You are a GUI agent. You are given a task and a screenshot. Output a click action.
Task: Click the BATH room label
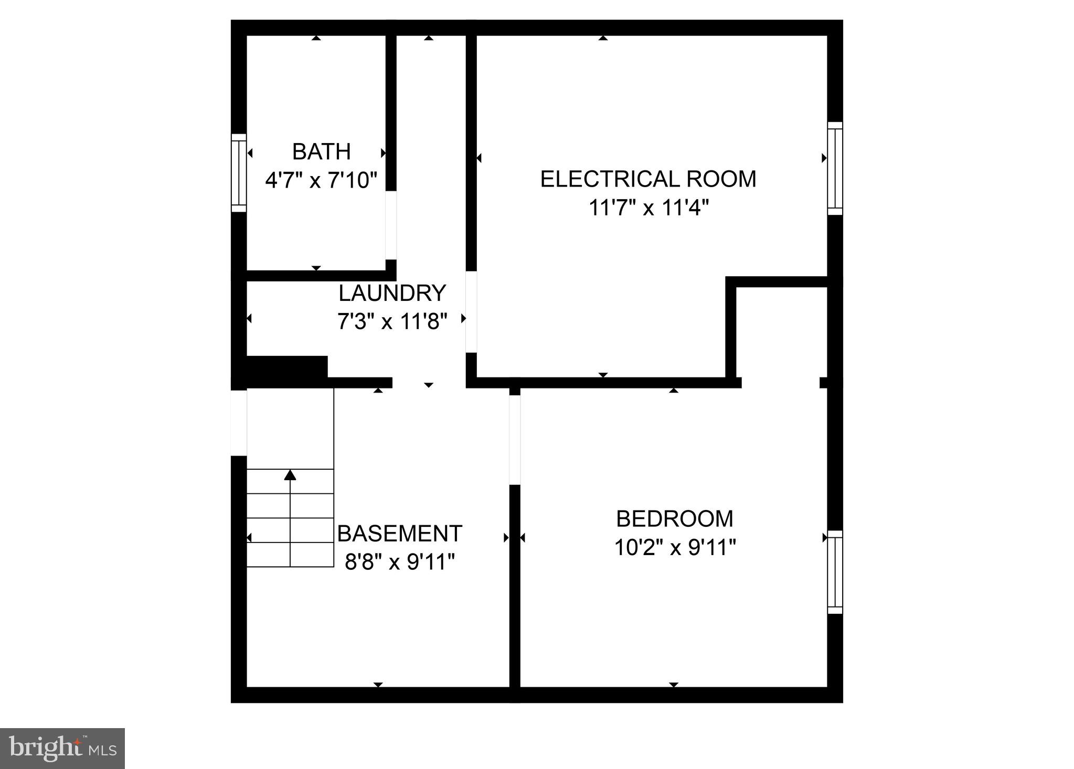(x=321, y=151)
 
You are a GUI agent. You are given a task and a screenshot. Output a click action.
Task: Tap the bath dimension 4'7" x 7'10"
(x=321, y=180)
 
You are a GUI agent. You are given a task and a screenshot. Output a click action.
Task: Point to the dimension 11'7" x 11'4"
(x=648, y=208)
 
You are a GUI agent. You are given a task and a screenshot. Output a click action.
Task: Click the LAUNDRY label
(x=392, y=293)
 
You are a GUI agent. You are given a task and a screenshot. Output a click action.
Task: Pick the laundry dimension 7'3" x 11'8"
(x=392, y=321)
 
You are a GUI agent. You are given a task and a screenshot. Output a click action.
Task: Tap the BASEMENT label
(x=399, y=534)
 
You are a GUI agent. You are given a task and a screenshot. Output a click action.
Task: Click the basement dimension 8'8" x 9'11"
(x=399, y=562)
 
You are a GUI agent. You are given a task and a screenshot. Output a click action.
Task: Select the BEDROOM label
(x=674, y=519)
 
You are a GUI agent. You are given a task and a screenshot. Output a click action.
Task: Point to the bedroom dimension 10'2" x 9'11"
(x=674, y=548)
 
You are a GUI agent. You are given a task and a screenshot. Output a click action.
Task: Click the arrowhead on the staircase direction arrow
(x=290, y=475)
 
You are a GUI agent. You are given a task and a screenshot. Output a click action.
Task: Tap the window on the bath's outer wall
(x=239, y=173)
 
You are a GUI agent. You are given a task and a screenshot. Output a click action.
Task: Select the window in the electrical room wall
(x=835, y=168)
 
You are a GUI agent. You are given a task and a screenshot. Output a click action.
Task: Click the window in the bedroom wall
(x=835, y=572)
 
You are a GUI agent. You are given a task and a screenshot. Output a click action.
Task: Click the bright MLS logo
(x=62, y=748)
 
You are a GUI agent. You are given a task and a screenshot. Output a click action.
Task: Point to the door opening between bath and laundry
(x=391, y=225)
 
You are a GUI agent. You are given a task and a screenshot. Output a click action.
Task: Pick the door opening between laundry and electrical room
(x=471, y=311)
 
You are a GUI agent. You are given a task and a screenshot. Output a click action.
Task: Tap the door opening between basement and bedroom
(x=515, y=439)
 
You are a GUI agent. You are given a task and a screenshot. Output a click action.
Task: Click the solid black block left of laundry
(x=286, y=367)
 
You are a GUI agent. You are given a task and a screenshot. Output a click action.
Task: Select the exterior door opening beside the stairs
(x=239, y=423)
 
